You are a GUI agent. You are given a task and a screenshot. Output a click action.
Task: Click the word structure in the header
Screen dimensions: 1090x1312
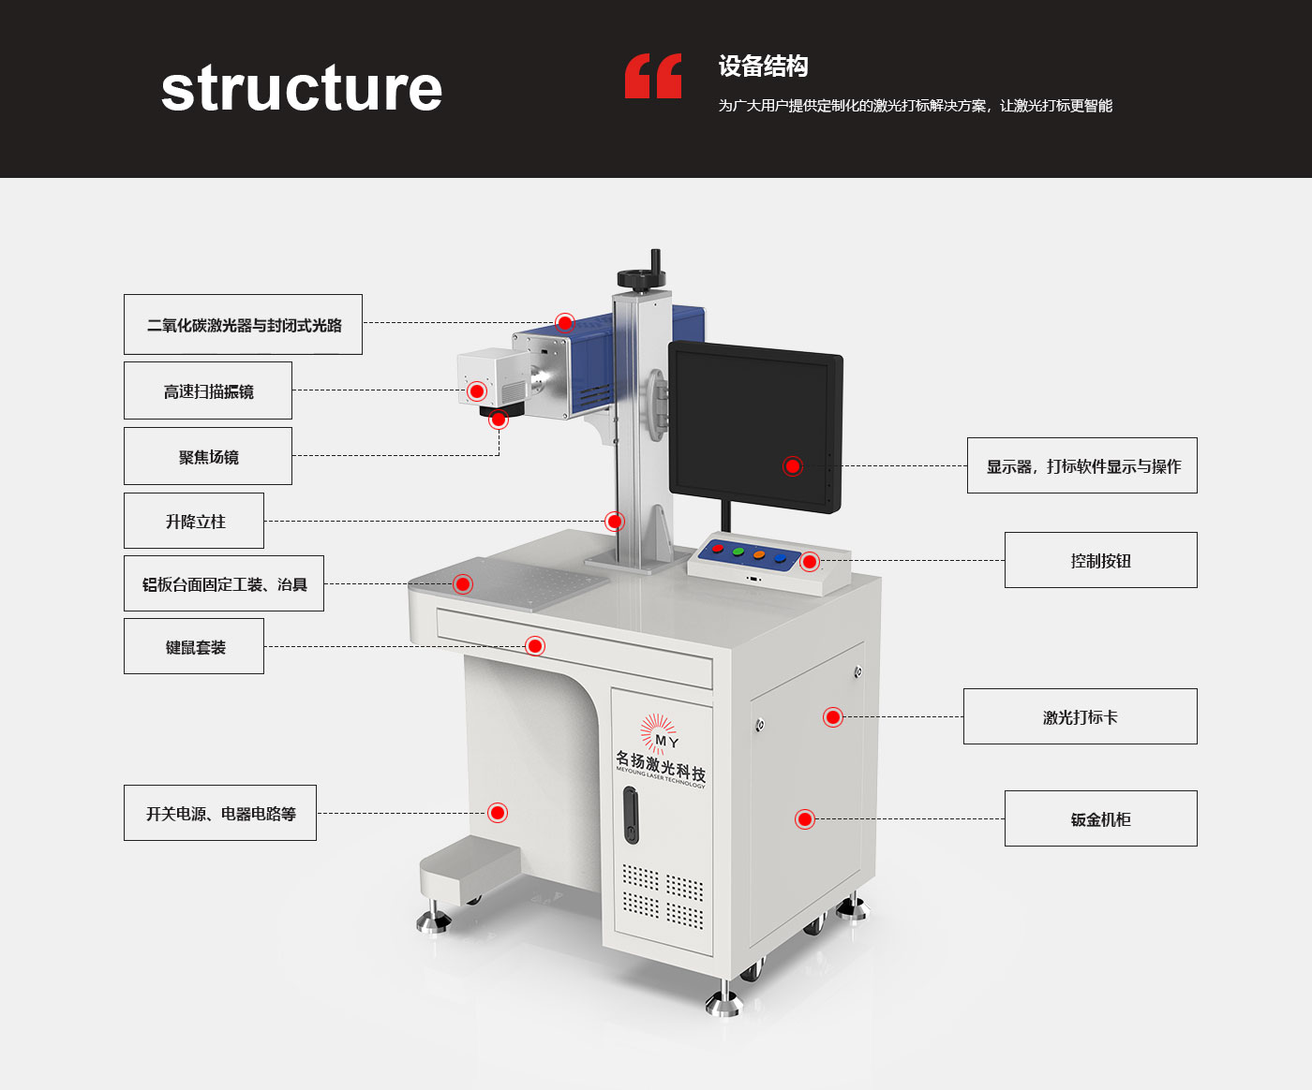point(301,89)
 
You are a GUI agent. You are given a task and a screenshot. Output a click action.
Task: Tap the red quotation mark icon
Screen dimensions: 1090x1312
point(653,76)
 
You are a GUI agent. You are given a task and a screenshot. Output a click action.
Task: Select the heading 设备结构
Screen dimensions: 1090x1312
point(763,66)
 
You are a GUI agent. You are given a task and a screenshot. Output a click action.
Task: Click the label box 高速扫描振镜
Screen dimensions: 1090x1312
point(208,390)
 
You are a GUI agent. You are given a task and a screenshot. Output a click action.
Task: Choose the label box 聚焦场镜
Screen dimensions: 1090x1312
point(208,456)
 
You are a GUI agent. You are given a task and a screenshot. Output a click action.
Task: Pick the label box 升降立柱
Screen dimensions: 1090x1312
point(194,521)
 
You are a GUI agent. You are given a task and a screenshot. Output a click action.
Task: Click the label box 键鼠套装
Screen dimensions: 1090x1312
point(194,646)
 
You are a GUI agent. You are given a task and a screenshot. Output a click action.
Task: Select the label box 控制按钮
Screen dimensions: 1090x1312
point(1100,560)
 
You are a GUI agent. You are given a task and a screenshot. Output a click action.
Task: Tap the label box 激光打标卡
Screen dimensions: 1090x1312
point(1080,716)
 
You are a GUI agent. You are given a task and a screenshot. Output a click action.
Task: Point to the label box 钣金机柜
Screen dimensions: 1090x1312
point(1100,818)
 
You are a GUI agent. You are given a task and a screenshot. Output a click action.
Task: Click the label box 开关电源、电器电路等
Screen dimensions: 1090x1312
point(220,813)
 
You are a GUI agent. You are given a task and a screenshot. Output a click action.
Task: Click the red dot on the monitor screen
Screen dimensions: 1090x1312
point(793,465)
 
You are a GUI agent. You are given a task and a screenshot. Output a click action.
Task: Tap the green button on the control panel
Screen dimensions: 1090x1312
point(738,552)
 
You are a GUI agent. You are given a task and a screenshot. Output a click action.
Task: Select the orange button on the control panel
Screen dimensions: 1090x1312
point(759,555)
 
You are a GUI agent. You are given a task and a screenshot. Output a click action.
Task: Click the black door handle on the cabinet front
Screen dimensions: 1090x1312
point(631,815)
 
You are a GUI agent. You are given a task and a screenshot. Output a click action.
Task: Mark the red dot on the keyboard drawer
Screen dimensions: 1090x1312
point(535,645)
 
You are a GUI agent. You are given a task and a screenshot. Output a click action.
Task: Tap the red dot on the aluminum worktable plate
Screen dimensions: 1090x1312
point(463,584)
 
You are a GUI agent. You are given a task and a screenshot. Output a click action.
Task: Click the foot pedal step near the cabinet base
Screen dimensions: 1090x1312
point(470,866)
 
